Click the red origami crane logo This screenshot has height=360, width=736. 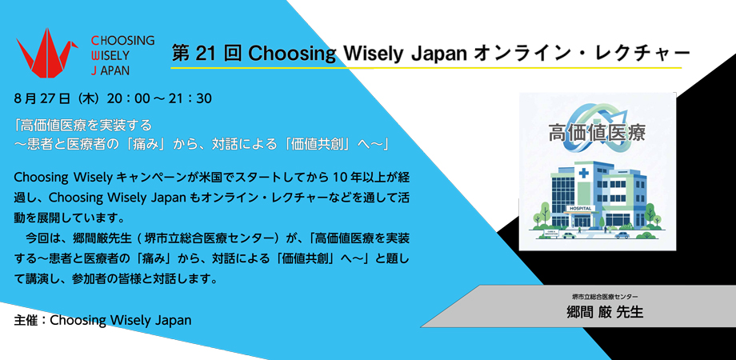(48, 52)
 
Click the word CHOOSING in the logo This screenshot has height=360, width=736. (122, 40)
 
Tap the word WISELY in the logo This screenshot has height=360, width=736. (110, 55)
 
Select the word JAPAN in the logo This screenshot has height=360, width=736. (110, 70)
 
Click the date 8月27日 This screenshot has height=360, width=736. (43, 98)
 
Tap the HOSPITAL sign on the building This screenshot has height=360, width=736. (581, 208)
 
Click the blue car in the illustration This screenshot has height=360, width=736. (622, 235)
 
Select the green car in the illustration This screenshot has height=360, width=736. (570, 235)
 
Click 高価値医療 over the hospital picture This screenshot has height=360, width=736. (597, 134)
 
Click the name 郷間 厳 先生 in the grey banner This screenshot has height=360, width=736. (605, 313)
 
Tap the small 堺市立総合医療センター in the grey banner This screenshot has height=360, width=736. (605, 298)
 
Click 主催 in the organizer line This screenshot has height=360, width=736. (26, 320)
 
